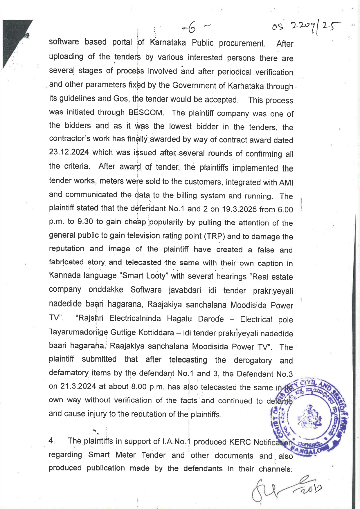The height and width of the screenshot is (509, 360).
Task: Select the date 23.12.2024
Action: pyautogui.click(x=69, y=152)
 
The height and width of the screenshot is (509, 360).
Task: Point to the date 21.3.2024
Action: pyautogui.click(x=78, y=387)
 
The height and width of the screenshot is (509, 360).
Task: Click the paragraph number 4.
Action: pyautogui.click(x=52, y=441)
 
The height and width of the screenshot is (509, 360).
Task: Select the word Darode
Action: pyautogui.click(x=211, y=319)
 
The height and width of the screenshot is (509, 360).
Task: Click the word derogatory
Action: pyautogui.click(x=253, y=360)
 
